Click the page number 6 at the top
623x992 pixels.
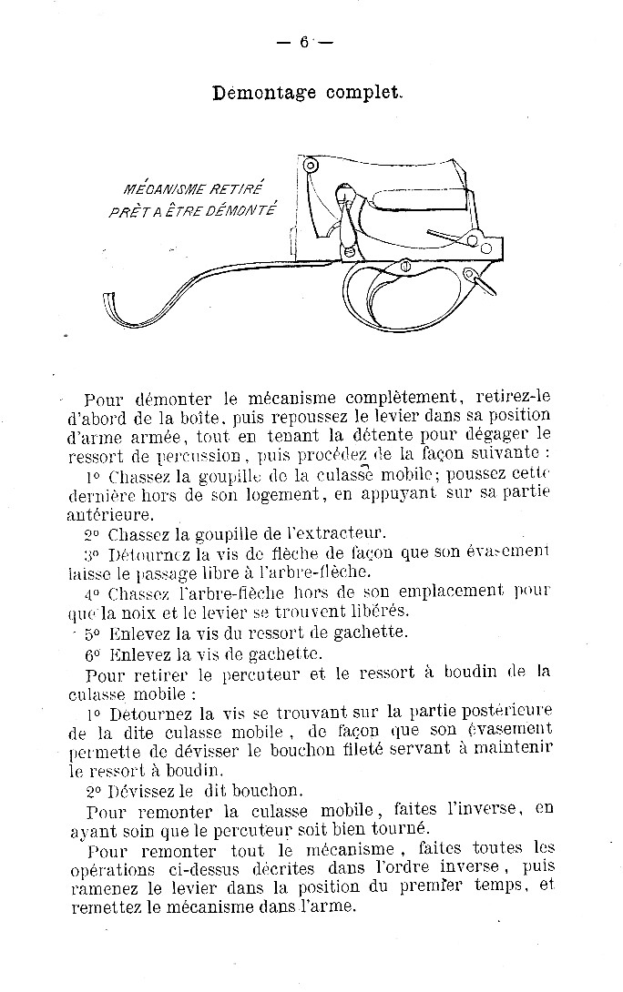point(304,42)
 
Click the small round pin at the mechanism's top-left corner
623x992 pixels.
point(311,167)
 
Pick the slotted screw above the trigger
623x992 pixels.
point(401,267)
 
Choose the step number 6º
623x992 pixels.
point(92,653)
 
